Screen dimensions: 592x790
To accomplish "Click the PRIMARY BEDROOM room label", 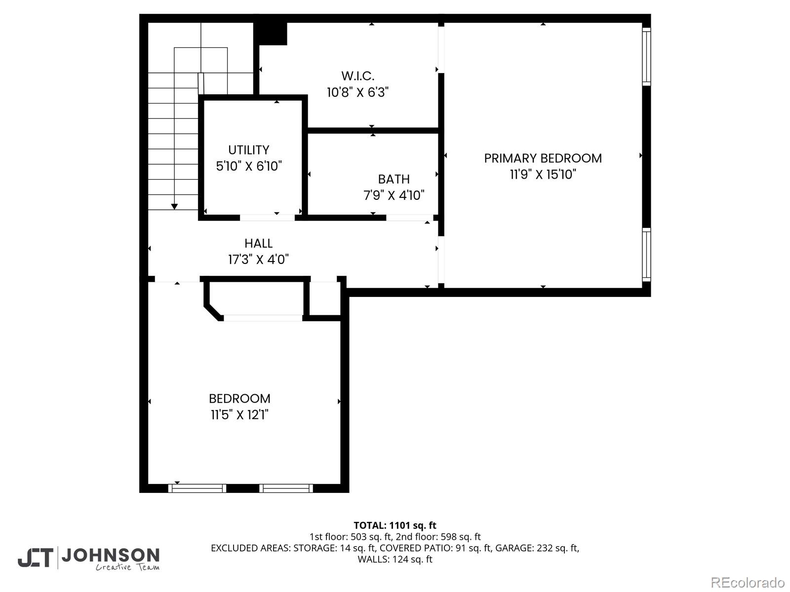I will pyautogui.click(x=543, y=158).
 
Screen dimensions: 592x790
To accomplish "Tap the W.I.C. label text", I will pyautogui.click(x=358, y=76).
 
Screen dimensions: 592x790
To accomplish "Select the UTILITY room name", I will pyautogui.click(x=249, y=150).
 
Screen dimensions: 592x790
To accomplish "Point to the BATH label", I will pyautogui.click(x=394, y=179).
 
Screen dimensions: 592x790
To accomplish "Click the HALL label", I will pyautogui.click(x=258, y=243).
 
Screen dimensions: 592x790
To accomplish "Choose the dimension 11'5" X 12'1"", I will pyautogui.click(x=239, y=415).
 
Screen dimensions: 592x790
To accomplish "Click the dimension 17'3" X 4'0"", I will pyautogui.click(x=258, y=259).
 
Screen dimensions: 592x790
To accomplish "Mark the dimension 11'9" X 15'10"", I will pyautogui.click(x=543, y=175).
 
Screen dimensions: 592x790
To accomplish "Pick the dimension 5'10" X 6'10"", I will pyautogui.click(x=249, y=166).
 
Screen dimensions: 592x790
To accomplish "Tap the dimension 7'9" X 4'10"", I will pyautogui.click(x=394, y=195).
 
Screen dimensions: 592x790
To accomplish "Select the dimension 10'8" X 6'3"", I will pyautogui.click(x=358, y=92).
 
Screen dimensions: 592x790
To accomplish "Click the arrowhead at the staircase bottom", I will pyautogui.click(x=174, y=207).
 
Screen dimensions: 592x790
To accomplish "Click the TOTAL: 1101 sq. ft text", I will pyautogui.click(x=395, y=525).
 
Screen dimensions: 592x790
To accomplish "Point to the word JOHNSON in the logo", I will pyautogui.click(x=110, y=555).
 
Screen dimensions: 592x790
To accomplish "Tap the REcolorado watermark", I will pyautogui.click(x=748, y=582).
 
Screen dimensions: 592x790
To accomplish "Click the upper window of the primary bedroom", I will pyautogui.click(x=646, y=56).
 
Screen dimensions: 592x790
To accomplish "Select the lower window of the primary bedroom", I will pyautogui.click(x=646, y=255).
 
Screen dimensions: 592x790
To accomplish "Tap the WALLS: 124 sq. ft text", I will pyautogui.click(x=395, y=559).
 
